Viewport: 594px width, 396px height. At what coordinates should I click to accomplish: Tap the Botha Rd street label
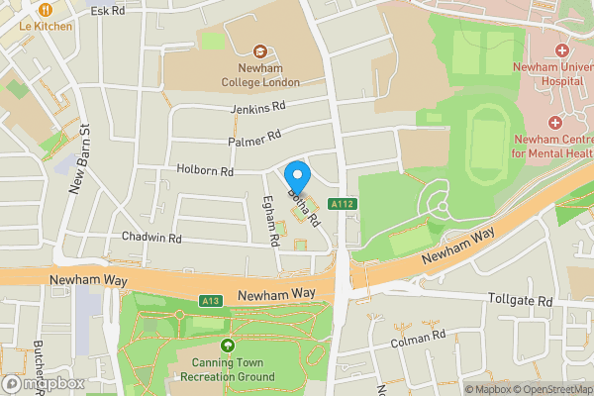coord(306,205)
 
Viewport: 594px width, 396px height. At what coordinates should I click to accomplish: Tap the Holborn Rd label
coord(205,171)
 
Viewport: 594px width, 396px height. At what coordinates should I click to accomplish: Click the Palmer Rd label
coord(254,138)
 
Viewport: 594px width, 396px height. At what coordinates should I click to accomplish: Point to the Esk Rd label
coord(107,10)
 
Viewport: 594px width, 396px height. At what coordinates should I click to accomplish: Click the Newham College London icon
coord(261,50)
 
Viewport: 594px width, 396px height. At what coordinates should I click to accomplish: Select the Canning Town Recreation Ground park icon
coord(229,346)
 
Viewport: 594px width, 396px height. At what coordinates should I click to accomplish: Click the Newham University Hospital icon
coord(561,49)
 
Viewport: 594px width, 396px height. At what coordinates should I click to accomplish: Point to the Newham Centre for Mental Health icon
coord(553,122)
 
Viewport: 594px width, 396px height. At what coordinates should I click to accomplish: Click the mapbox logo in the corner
coord(44,383)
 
